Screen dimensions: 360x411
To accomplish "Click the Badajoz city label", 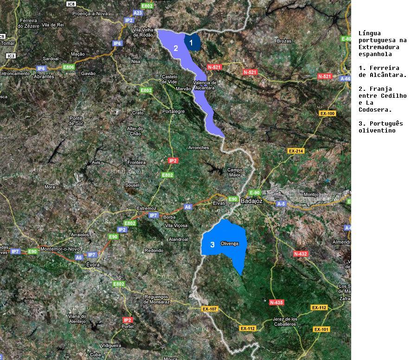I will click(x=251, y=201).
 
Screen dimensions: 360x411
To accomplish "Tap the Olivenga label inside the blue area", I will click(x=229, y=244).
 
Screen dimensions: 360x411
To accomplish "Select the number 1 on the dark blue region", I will click(x=191, y=42).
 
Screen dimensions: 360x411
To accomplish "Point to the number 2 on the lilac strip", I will click(x=176, y=48).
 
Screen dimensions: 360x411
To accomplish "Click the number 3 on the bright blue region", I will click(x=212, y=245).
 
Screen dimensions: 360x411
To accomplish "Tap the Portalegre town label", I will click(x=173, y=111).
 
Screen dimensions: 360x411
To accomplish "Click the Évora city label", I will click(x=93, y=265).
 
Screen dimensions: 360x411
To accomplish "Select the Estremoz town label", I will click(x=147, y=208).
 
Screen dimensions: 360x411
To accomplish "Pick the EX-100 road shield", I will click(x=328, y=114).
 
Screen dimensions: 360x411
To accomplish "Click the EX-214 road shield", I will click(x=296, y=151).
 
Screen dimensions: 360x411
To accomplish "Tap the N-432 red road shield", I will click(x=301, y=254).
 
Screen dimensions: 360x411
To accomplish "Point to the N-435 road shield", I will click(x=276, y=303).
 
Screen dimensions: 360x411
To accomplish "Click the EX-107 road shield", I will click(x=210, y=309).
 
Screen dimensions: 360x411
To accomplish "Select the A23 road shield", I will click(x=138, y=13).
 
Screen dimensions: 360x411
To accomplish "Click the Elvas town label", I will click(x=218, y=203).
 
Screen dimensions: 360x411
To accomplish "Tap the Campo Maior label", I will click(x=235, y=172).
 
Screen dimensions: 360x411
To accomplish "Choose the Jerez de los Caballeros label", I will click(x=284, y=322).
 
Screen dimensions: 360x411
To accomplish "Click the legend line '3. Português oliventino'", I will click(x=380, y=127).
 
